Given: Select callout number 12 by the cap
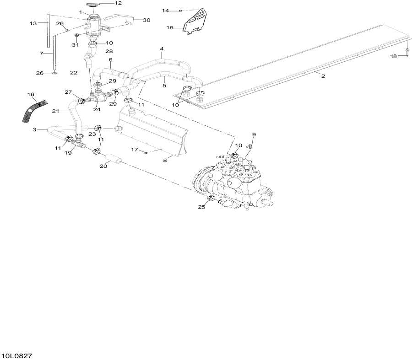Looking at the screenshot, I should point(118,3).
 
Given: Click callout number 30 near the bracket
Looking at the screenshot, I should point(146,20).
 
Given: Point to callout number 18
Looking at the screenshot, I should point(394,56).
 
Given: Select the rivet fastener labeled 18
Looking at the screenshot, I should point(407,51).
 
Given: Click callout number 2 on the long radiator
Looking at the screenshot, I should point(323,76).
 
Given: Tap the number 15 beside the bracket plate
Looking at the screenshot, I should point(170,28).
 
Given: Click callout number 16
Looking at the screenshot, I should point(31,94).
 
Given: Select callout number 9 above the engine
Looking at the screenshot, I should point(254,134).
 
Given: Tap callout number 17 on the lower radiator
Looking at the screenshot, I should point(135,149).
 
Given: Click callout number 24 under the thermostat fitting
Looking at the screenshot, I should point(97,109).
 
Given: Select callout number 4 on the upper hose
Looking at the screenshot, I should point(161,48).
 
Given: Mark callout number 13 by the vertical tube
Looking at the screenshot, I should point(33,23).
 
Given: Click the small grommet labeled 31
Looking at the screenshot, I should point(77,35).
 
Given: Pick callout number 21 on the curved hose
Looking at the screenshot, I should point(56,111).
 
